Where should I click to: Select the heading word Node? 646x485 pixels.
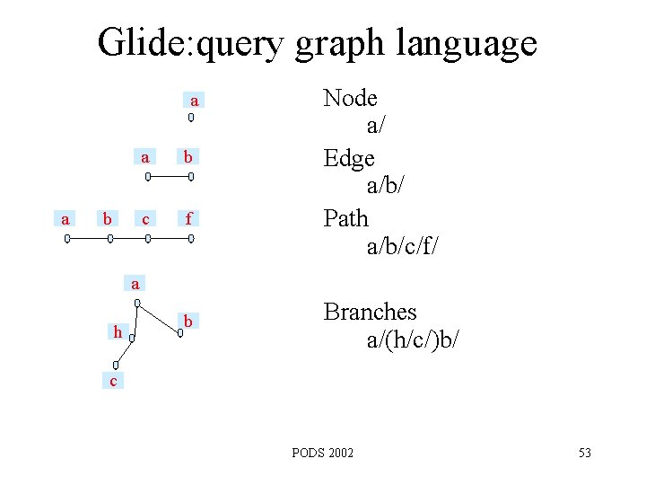tap(350, 98)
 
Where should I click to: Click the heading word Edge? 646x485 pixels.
tap(349, 159)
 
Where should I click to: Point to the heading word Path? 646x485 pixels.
tap(346, 218)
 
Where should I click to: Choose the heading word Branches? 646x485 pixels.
tap(370, 312)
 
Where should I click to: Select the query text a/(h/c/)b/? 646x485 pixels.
tap(413, 340)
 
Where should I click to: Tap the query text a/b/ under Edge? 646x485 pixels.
tap(387, 187)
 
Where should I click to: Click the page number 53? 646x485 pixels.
tap(584, 453)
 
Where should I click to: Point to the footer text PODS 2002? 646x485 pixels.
tap(323, 453)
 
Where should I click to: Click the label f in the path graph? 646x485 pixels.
tap(188, 218)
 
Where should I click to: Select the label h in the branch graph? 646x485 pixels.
tap(118, 332)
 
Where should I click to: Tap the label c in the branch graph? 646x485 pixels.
tap(112, 383)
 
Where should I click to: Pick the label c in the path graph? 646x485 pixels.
tap(145, 218)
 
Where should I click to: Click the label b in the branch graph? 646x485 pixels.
tap(188, 321)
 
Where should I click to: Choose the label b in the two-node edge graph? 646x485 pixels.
tap(188, 157)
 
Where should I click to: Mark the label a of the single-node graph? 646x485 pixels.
tap(194, 100)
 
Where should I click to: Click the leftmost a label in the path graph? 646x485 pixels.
tap(64, 218)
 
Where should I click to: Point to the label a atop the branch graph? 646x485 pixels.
tap(135, 284)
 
